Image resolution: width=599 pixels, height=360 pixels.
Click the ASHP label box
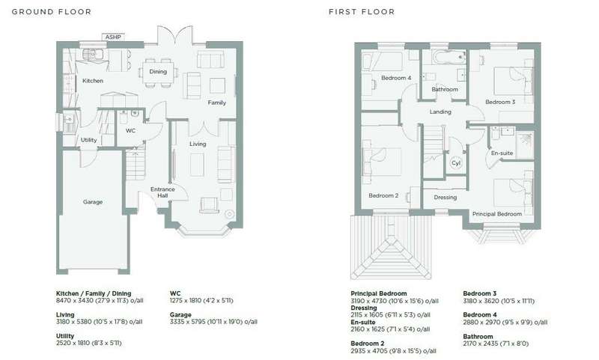pos(113,37)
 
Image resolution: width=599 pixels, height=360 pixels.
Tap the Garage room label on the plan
pos(93,202)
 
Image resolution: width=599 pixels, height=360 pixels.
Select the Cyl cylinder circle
pos(456,162)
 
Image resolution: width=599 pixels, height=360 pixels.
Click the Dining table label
pos(158,71)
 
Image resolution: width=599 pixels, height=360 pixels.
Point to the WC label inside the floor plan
pos(130,130)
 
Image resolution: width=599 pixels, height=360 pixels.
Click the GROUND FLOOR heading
pos(52,12)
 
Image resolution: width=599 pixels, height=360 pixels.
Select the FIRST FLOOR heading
pos(362,12)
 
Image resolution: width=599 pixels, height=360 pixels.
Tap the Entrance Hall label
pos(162,192)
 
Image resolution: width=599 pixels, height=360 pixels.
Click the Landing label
pos(440,112)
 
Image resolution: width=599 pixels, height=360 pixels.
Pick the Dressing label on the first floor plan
pos(446,198)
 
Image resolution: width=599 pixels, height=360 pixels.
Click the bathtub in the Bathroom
pos(449,58)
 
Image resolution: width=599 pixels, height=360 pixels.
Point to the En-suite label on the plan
pos(502,153)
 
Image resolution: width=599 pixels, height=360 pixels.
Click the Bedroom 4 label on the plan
pos(396,78)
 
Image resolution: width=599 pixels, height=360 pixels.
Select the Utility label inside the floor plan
pos(88,140)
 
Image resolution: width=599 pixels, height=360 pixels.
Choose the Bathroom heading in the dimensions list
pos(478,336)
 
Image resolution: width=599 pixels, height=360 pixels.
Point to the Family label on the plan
pos(217,103)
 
